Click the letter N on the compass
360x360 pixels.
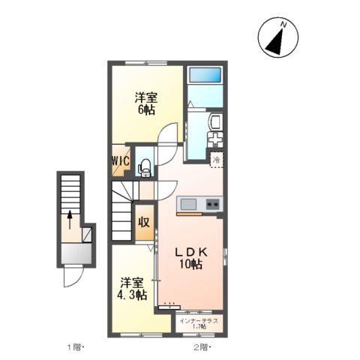[283, 25]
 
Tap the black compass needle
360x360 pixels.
[276, 43]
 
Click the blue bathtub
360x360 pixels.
[205, 74]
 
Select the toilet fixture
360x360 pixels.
[145, 167]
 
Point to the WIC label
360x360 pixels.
[121, 160]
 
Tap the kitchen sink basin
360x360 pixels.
[188, 204]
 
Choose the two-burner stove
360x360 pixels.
[213, 204]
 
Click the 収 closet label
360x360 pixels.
[144, 222]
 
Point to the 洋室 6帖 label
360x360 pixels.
[146, 103]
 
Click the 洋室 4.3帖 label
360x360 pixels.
[132, 289]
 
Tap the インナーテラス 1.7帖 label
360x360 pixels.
[199, 324]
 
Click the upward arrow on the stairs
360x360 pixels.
[70, 220]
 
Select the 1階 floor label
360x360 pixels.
[74, 347]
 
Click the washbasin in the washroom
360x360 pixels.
[215, 122]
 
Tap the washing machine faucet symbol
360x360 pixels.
[215, 140]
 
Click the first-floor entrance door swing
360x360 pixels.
[73, 277]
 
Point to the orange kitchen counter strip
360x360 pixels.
[189, 214]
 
